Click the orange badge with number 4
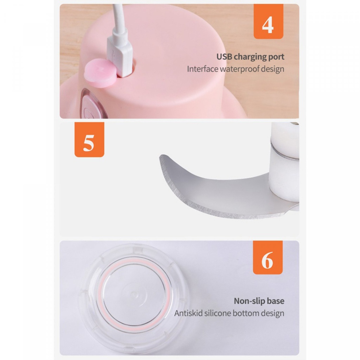point(268,21)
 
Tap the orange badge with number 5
point(89,140)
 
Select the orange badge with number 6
point(268,257)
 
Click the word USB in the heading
point(224,57)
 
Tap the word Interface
point(202,69)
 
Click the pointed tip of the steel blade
point(161,156)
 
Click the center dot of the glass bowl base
point(133,294)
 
